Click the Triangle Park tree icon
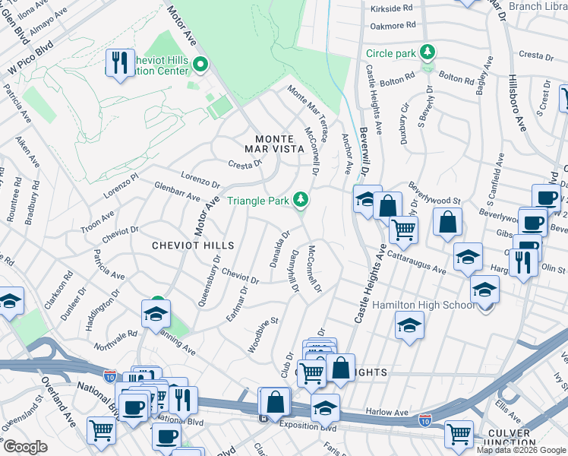(302, 200)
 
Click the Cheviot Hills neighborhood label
(193, 245)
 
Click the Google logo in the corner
(24, 446)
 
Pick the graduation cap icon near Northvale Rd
(156, 312)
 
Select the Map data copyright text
(520, 450)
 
